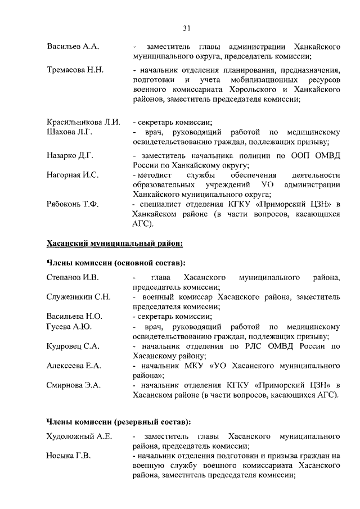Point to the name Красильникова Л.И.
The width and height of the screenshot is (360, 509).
click(83, 122)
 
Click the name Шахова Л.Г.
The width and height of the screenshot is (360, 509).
click(69, 132)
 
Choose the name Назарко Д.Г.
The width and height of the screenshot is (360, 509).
click(70, 155)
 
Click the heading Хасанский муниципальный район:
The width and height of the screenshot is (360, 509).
click(115, 244)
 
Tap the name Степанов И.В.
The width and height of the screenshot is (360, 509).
click(72, 277)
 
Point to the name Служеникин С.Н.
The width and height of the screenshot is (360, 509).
click(78, 297)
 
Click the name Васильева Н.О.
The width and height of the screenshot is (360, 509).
click(74, 317)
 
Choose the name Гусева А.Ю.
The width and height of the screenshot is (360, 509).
click(69, 327)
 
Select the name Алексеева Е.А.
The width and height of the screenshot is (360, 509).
click(74, 366)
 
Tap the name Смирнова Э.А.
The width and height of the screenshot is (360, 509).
click(73, 386)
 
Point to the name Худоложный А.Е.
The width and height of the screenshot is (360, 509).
click(79, 436)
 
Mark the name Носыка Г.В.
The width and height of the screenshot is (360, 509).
click(68, 456)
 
